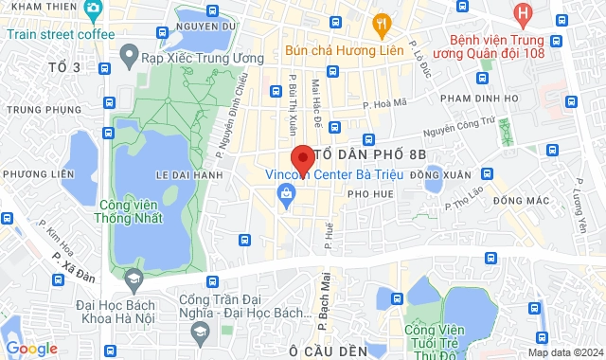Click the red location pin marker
[x=301, y=157]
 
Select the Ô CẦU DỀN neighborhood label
[x=328, y=351]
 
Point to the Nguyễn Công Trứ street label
[x=459, y=124]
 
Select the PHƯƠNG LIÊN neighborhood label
[x=38, y=173]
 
